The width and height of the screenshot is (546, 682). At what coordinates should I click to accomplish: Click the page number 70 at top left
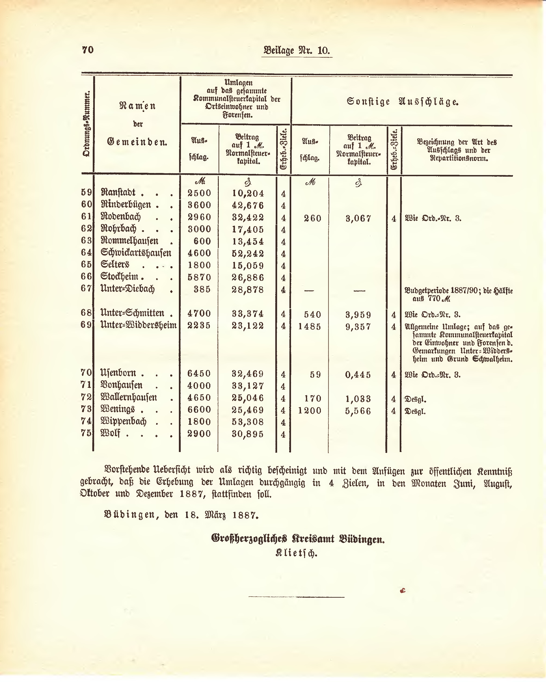click(88, 50)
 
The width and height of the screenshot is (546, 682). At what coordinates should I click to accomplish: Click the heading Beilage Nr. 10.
click(296, 51)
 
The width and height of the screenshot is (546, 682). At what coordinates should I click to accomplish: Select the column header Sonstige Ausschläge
click(402, 102)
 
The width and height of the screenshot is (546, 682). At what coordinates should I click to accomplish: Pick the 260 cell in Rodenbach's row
click(312, 218)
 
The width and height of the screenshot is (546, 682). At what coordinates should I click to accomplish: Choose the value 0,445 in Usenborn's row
click(358, 375)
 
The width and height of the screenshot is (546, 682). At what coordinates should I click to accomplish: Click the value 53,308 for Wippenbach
click(248, 422)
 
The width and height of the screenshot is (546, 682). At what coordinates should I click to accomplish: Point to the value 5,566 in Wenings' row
click(358, 411)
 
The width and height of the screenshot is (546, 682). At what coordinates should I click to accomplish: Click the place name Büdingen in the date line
click(132, 515)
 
